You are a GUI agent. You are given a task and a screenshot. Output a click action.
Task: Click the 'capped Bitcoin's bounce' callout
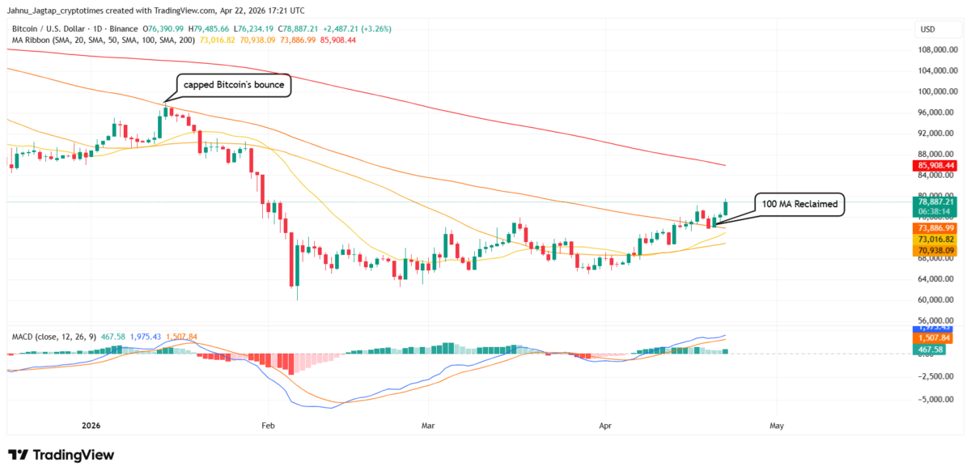pos(234,85)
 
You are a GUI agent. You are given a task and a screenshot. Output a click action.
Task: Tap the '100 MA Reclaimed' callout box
pos(799,205)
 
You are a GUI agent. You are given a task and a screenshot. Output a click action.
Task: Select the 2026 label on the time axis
pos(91,424)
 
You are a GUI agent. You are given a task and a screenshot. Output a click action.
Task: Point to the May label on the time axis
pos(777,424)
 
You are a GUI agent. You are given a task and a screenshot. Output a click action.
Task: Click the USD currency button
pos(927,29)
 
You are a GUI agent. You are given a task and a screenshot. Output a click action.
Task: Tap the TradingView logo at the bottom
pos(61,455)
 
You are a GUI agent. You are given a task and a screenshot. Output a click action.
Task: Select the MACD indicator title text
pos(24,335)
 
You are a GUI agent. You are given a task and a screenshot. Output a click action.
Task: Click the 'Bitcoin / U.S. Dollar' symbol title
pos(50,28)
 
